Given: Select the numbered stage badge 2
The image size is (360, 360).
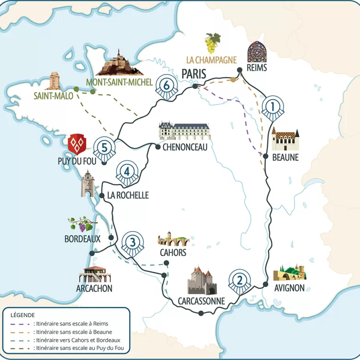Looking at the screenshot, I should coord(239,280).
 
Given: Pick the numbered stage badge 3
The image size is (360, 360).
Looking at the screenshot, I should coord(132,242).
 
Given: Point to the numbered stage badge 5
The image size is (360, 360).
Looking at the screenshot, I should coord(105,148).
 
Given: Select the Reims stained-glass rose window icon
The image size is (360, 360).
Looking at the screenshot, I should coord(257,52).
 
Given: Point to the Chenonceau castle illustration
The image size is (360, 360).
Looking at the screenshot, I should coord(184,131).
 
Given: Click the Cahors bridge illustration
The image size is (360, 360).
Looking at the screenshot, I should coord(172,240).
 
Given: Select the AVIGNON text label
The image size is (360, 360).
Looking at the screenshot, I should coord(289,288).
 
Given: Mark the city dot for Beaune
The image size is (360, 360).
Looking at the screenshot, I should coord(266,156).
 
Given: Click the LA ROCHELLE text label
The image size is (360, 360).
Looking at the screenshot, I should coord(128,195).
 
